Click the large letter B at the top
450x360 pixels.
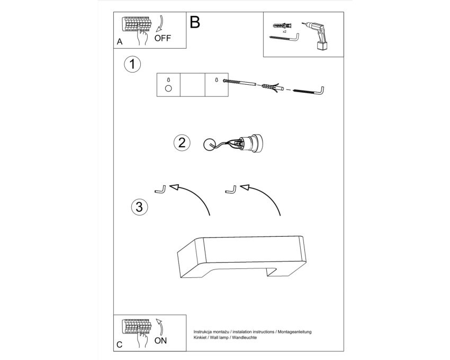point(195,22)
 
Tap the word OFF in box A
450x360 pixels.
point(163,38)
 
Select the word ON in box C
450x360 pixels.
point(160,340)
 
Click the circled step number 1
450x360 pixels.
point(132,64)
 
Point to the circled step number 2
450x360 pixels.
point(182,143)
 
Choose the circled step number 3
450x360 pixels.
point(139,206)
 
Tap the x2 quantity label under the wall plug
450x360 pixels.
point(284,32)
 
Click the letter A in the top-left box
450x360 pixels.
point(120,42)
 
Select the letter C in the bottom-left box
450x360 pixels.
point(120,345)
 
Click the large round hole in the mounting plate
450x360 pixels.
point(168,88)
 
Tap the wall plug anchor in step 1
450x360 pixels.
point(272,87)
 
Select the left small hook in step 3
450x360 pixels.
point(160,190)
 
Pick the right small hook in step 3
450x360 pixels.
point(231,190)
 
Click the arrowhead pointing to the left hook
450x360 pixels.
point(174,187)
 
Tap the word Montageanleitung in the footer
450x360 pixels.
point(294,332)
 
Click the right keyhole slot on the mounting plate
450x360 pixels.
point(217,80)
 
